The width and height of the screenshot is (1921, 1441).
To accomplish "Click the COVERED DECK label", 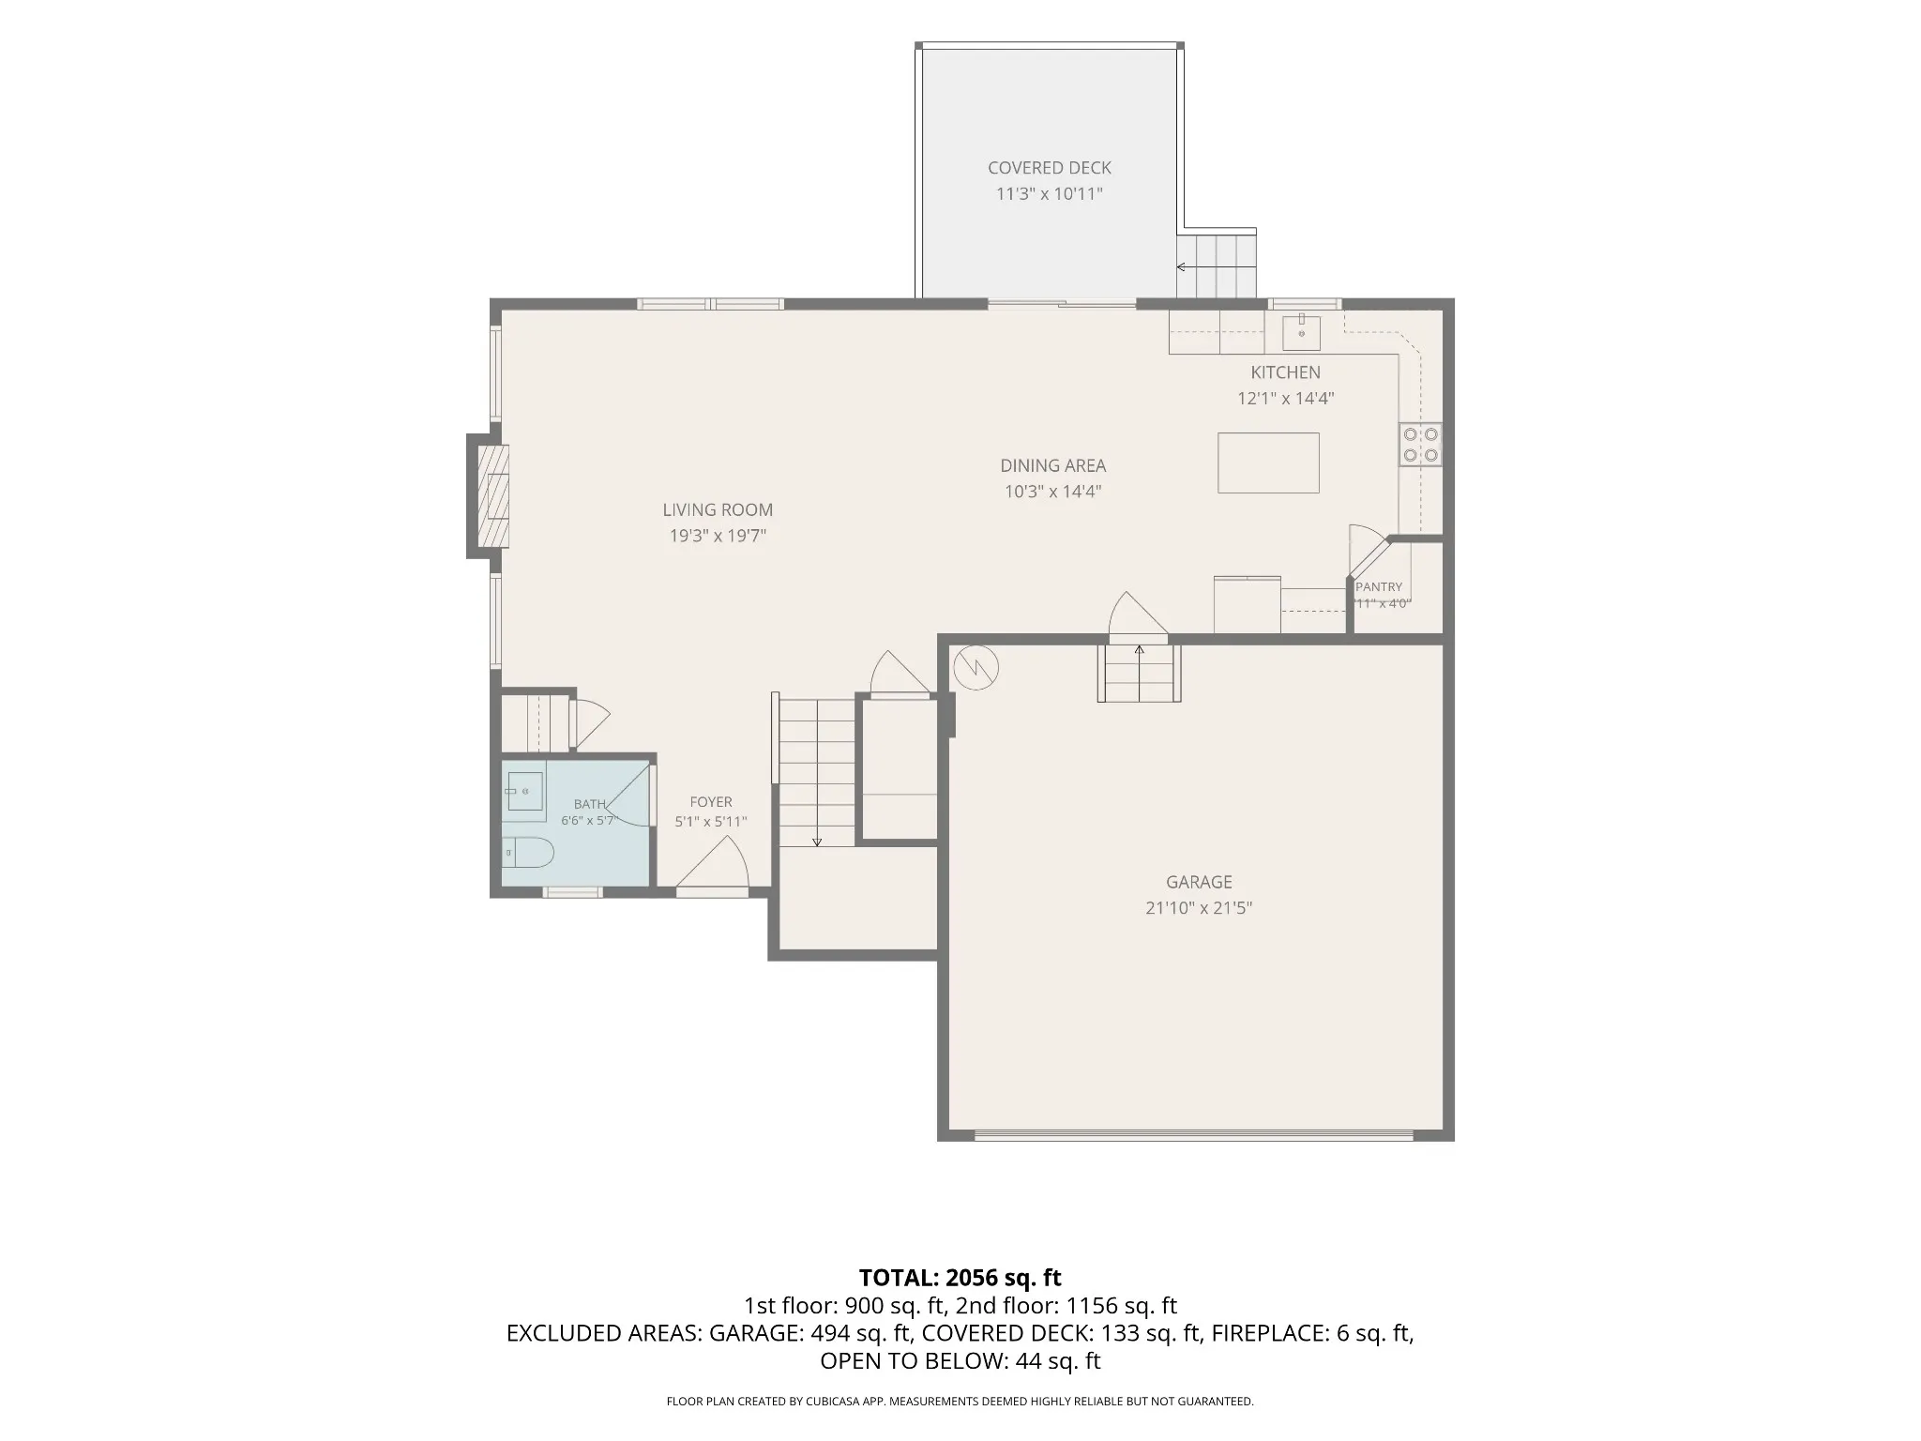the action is (x=1049, y=168).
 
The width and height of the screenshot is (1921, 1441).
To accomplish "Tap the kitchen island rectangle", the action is (x=1268, y=463).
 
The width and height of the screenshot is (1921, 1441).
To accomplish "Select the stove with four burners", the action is (x=1420, y=445).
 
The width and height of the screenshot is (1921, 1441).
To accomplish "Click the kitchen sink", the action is (x=1301, y=333).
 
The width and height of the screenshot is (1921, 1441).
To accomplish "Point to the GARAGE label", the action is (x=1199, y=882).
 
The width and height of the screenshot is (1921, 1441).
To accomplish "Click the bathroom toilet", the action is (x=527, y=853).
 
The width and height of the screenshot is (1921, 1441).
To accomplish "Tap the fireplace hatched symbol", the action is (x=493, y=496).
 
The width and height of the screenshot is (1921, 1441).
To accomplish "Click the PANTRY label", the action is (x=1379, y=587).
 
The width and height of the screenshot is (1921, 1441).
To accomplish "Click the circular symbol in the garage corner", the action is (x=976, y=668).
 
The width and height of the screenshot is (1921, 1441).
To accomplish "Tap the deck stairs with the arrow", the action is (x=1217, y=265).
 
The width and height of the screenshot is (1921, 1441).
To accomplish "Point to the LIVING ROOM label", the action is (x=718, y=510).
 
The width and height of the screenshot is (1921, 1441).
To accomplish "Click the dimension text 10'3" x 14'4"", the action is (x=1052, y=492).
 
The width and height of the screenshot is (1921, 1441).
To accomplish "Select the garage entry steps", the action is (x=1139, y=673).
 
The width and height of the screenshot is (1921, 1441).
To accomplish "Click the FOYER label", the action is (x=710, y=802).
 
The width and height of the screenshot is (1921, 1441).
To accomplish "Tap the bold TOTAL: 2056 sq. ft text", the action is (x=960, y=1278).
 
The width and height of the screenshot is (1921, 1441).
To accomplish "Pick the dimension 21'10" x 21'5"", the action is (x=1199, y=908).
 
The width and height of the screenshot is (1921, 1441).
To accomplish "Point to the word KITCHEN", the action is (x=1285, y=372).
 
